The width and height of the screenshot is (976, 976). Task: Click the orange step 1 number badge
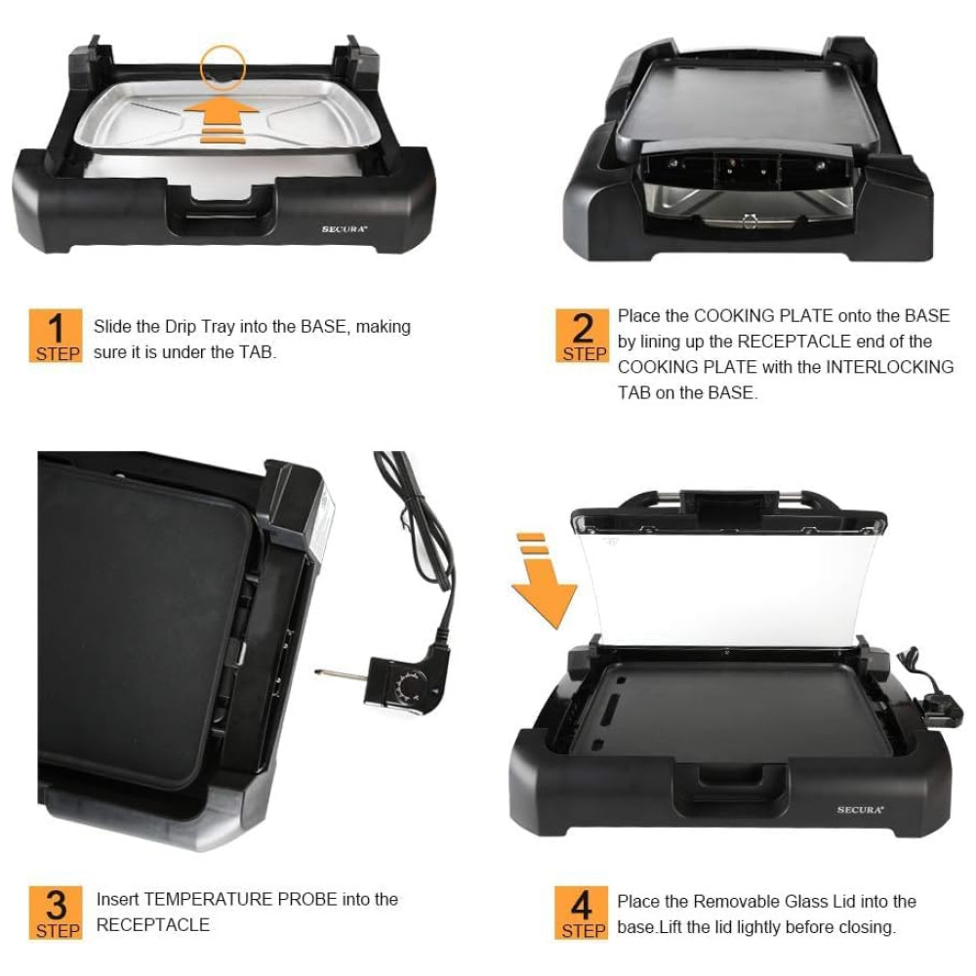point(56,335)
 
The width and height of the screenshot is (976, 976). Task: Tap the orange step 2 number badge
point(582,335)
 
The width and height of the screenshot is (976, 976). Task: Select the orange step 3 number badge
point(56,912)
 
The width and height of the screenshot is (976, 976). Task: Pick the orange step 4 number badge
point(581,912)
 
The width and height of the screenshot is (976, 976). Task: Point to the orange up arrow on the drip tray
point(221,118)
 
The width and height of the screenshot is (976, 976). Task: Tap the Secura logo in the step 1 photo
point(345,229)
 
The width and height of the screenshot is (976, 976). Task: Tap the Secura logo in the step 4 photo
point(860,810)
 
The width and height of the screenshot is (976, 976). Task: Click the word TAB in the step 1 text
point(256,352)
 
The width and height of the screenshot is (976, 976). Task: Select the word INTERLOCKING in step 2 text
point(889,367)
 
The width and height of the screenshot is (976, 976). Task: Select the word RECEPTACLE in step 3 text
point(153,925)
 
